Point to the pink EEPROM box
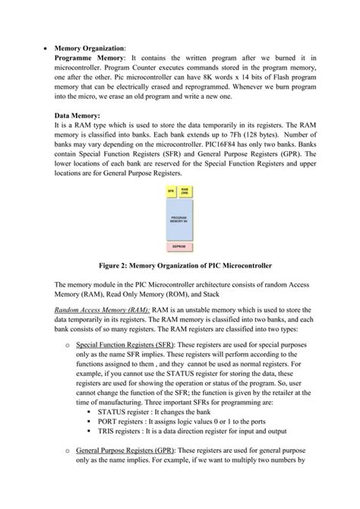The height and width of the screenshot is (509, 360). coord(179,247)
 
